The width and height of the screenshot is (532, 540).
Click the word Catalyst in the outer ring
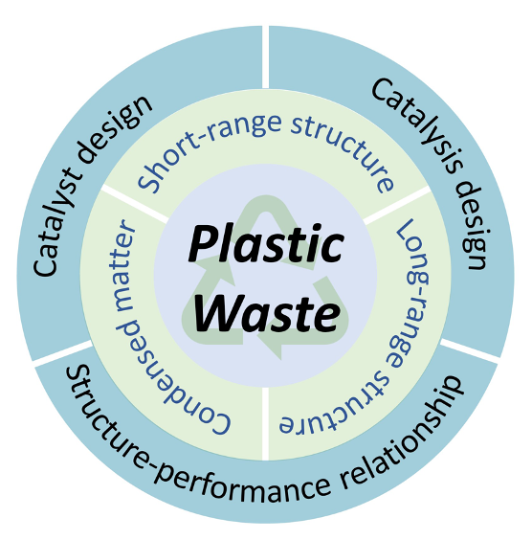coord(56,220)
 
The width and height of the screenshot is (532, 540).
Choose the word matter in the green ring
coord(125,265)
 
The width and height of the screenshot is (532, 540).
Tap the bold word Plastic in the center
coord(266,243)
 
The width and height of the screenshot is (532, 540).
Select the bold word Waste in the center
coord(267,313)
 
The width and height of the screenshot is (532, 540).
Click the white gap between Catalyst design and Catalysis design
coord(265,56)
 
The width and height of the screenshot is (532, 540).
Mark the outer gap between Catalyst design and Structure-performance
coord(63,353)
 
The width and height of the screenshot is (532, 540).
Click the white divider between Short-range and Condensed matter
coord(135,203)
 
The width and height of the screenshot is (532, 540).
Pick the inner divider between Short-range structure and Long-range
coord(397,205)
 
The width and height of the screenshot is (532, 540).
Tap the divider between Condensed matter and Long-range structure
coord(265,423)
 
